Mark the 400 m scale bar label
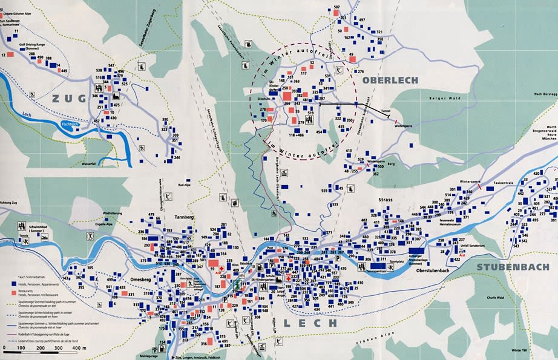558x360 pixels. pos(77,349)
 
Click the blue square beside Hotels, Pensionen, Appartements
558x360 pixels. pos(13,283)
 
